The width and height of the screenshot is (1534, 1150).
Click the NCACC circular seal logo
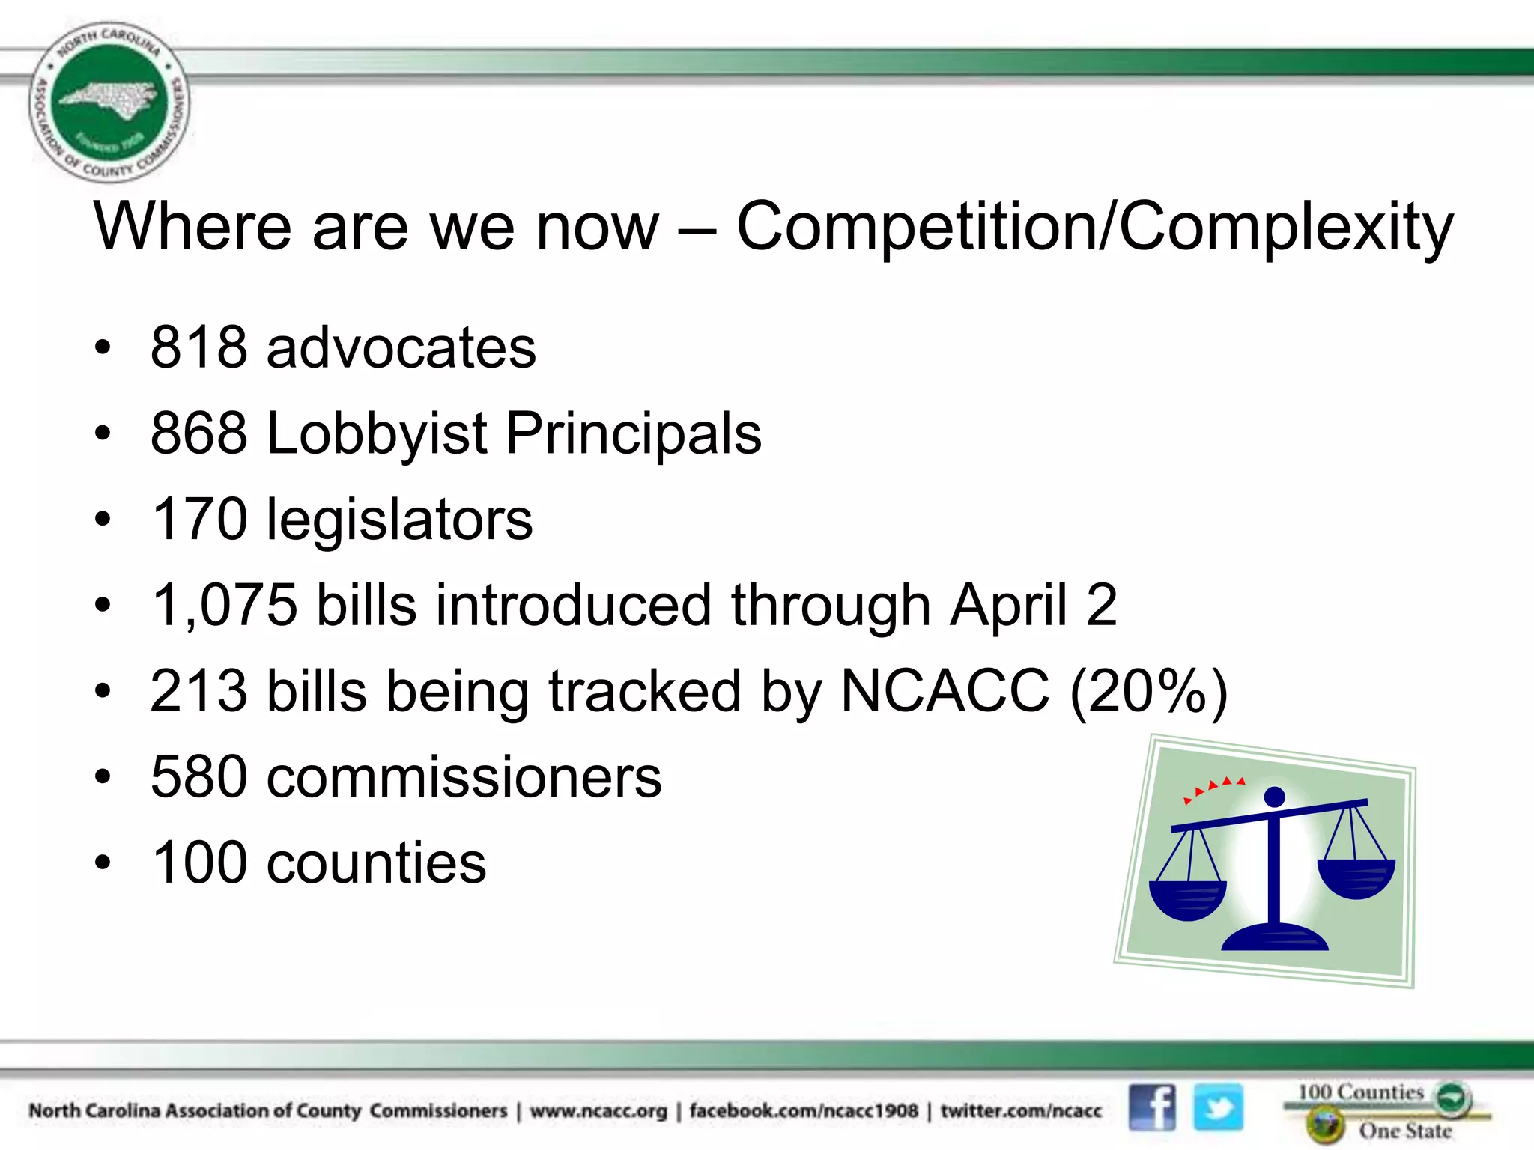tap(109, 102)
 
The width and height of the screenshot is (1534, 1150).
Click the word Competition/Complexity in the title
tap(1094, 227)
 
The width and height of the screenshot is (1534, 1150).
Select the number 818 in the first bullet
tap(198, 347)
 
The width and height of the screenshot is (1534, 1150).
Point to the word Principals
tap(634, 433)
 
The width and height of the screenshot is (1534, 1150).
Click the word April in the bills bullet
tap(1008, 605)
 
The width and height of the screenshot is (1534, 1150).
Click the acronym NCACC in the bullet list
tap(945, 691)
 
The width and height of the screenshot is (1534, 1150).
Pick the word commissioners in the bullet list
tap(464, 777)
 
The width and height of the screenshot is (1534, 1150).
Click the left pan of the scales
tap(1187, 898)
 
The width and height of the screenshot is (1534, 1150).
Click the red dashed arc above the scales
tap(1213, 788)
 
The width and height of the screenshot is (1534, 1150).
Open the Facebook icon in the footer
tap(1152, 1107)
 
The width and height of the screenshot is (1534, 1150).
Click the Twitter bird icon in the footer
tap(1218, 1107)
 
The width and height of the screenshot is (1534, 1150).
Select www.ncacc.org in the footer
tap(598, 1110)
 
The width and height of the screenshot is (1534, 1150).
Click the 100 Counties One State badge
tap(1386, 1111)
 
